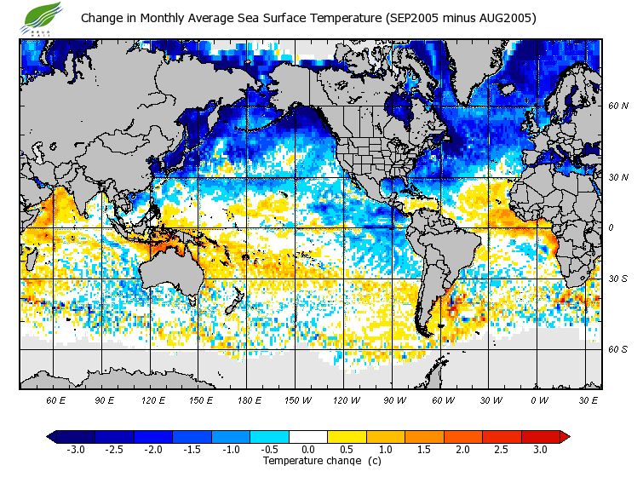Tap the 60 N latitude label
point(618,106)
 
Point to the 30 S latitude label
point(618,279)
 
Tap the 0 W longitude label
point(539,399)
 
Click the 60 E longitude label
point(56,399)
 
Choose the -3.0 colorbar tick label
point(76,450)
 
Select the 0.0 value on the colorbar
point(308,450)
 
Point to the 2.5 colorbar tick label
point(502,450)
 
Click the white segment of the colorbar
point(308,437)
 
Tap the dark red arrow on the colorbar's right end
point(564,437)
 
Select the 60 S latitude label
point(618,349)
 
